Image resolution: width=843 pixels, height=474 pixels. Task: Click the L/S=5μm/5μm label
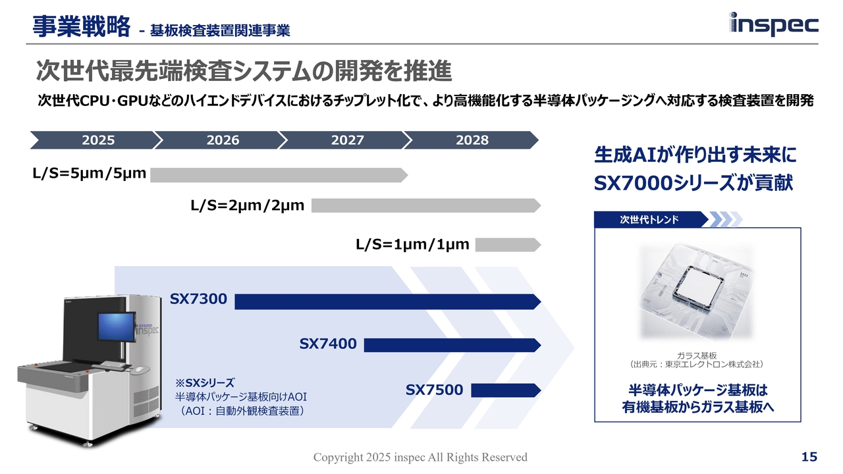89,175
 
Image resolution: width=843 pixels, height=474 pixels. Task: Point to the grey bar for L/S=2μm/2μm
425,206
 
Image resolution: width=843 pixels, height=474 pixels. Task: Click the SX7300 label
198,300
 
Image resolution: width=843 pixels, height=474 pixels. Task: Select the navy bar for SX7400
452,345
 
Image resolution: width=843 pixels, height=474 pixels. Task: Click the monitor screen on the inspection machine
116,329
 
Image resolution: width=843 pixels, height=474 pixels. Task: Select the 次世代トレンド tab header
649,219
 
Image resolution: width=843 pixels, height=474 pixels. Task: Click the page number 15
809,457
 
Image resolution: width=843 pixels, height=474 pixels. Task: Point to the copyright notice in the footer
420,457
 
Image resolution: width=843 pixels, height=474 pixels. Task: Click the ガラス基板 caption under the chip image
696,355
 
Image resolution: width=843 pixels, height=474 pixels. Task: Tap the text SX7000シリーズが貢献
693,183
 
